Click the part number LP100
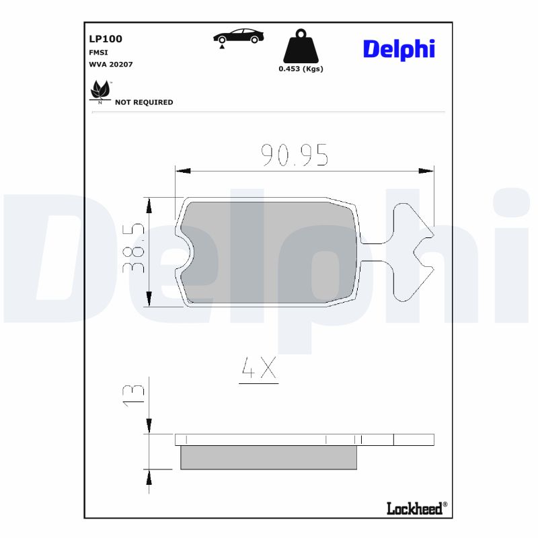(x=106, y=39)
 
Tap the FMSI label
(x=99, y=52)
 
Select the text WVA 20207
(x=111, y=65)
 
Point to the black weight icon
(x=301, y=46)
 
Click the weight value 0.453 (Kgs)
(x=301, y=69)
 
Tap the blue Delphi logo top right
(x=399, y=49)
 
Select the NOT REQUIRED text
(x=144, y=102)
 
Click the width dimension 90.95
(x=295, y=155)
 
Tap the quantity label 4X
(x=259, y=368)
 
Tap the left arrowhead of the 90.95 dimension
(x=182, y=171)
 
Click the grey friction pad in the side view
(x=268, y=457)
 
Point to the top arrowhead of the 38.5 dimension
(x=149, y=204)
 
